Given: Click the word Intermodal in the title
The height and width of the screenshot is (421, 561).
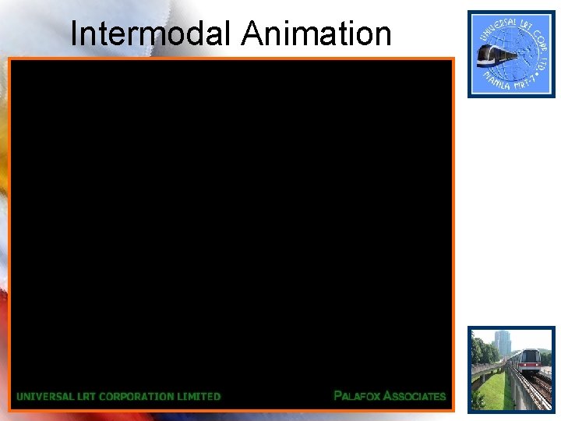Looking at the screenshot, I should (x=152, y=34).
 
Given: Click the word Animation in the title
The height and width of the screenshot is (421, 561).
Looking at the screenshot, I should (x=316, y=34).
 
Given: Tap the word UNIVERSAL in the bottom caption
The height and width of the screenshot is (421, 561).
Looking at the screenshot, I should (x=45, y=396).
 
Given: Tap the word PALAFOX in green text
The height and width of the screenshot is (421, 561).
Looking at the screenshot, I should (x=357, y=396).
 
